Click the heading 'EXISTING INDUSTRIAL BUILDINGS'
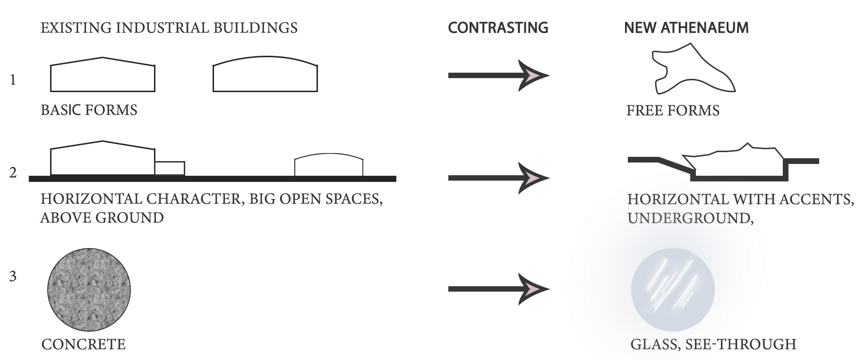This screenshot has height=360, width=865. point(169,28)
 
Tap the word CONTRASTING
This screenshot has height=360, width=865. point(498,28)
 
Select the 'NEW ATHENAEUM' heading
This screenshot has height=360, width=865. point(686,28)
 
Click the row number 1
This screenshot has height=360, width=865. point(13,80)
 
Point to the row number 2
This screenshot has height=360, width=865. point(13,173)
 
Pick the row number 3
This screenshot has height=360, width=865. point(13,276)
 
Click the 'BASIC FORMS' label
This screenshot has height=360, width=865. point(89,111)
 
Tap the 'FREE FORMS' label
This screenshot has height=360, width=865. point(673,111)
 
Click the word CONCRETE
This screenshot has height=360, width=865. point(84,344)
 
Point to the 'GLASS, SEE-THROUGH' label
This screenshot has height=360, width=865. point(713,344)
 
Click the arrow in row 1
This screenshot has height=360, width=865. point(498,76)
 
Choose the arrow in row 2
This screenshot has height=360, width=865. point(498,178)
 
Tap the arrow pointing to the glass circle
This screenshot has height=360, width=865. point(498,289)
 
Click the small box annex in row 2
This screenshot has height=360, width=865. point(170,169)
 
